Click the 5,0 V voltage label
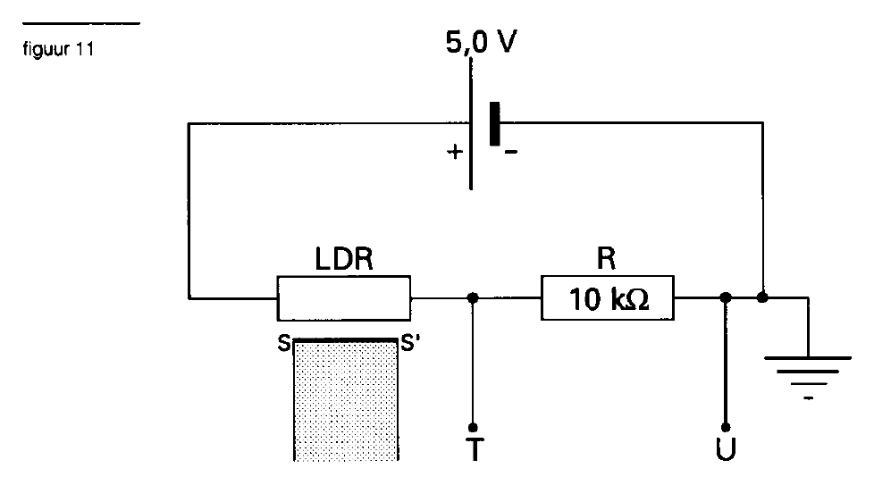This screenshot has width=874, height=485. [x=481, y=42]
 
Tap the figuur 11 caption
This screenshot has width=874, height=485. [x=58, y=49]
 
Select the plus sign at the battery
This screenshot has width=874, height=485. [x=455, y=152]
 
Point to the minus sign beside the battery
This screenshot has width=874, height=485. [x=511, y=152]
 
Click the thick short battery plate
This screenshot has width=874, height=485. [x=494, y=123]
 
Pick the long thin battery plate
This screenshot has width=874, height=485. [x=471, y=123]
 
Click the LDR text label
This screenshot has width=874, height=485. [x=344, y=259]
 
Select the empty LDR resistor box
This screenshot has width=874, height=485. [x=344, y=298]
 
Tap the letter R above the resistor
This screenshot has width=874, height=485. [x=607, y=258]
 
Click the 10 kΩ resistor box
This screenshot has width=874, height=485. [x=608, y=298]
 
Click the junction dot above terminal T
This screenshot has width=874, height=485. [x=473, y=298]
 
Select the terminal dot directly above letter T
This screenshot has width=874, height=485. [x=473, y=427]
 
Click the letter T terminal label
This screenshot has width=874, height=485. [x=475, y=449]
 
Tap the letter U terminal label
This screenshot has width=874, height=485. [x=726, y=449]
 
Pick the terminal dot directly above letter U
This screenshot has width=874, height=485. [x=726, y=427]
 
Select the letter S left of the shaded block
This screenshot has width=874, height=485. [x=283, y=344]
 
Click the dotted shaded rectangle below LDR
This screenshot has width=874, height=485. [x=346, y=400]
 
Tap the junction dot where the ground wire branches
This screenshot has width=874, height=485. [x=762, y=297]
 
